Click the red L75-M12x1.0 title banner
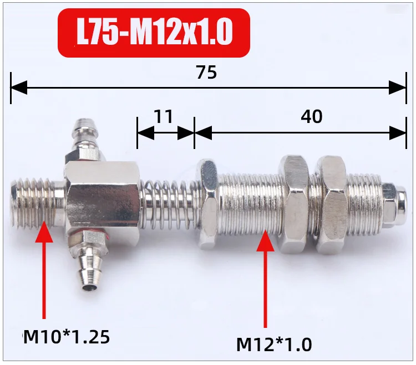(154, 33)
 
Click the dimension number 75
(206, 73)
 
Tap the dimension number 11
(164, 116)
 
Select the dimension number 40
(312, 116)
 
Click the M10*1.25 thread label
(67, 337)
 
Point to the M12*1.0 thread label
(274, 345)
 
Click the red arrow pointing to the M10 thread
(44, 270)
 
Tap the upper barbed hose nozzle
(83, 140)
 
